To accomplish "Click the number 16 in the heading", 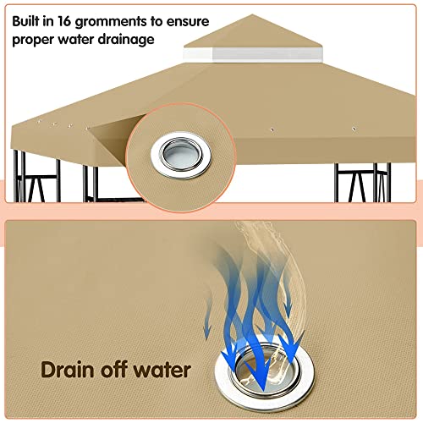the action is pos(64,21).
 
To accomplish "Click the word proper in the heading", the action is pos(33,41).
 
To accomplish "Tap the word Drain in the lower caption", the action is pos(67,370).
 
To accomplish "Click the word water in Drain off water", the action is pos(162,370).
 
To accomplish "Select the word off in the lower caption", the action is pos(113,369).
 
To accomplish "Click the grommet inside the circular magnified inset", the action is pos(181,156).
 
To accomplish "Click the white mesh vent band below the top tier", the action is pos(252,55).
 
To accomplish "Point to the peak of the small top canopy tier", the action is pos(252,14).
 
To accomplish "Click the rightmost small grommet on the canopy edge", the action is pos(354,129).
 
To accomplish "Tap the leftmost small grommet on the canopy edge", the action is pos(39,122).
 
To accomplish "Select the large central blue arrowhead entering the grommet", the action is pos(263,379).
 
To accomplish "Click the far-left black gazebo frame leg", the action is pos(16,176).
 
